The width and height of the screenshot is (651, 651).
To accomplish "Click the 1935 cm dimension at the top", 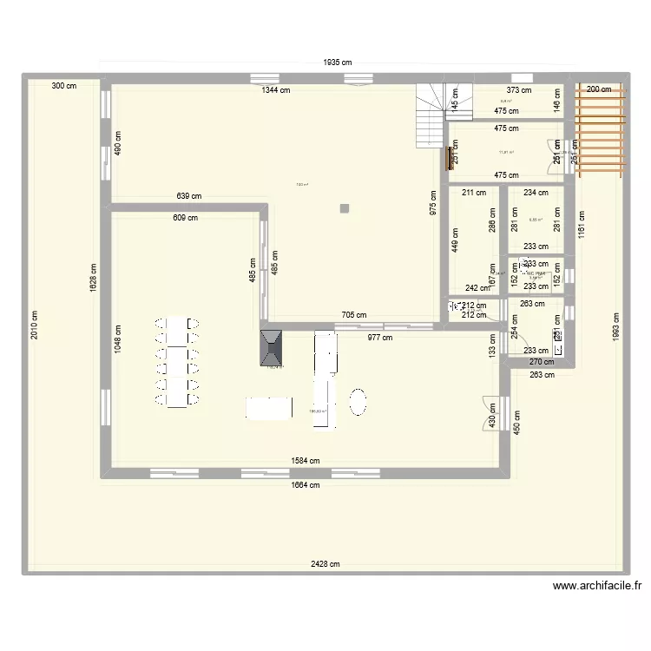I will coord(338,62).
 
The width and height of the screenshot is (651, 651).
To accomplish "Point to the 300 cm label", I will coord(63,86).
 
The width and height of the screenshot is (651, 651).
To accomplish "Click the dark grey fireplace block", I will coord(272,349).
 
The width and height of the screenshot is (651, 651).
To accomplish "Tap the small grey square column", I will coord(345,207).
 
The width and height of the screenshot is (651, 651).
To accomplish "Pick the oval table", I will coord(358,402).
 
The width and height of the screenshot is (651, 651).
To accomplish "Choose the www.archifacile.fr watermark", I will coord(599,586).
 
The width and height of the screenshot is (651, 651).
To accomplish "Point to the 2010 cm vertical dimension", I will coord(34,325).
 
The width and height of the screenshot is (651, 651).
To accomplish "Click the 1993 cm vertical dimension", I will coord(615,325).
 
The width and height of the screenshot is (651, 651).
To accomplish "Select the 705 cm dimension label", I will coord(354,316).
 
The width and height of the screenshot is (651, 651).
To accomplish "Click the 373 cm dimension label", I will coord(519,89).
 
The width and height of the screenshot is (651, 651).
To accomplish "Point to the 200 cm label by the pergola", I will coord(598,89).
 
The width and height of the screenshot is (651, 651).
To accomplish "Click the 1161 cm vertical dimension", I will coord(582,227).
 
